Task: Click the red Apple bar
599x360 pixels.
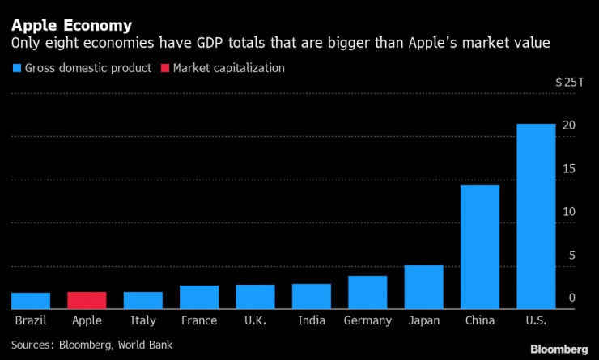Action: coord(87,300)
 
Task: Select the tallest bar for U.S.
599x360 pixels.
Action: coord(536,216)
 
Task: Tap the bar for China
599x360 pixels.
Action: coord(480,247)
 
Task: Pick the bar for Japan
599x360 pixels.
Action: coord(423,287)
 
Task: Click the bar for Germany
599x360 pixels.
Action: coord(367,292)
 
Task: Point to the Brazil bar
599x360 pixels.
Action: coord(31,301)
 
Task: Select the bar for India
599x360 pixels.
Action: coord(311,296)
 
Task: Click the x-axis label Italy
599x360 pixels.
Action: coord(142,320)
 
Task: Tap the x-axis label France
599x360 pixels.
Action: coord(198,320)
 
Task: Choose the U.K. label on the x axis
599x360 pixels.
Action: coord(255,320)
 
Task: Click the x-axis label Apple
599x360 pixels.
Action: coord(87,320)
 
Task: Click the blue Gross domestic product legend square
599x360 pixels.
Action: coord(16,69)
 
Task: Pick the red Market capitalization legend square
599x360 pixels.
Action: coord(167,69)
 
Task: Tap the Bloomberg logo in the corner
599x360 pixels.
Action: coord(559,349)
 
